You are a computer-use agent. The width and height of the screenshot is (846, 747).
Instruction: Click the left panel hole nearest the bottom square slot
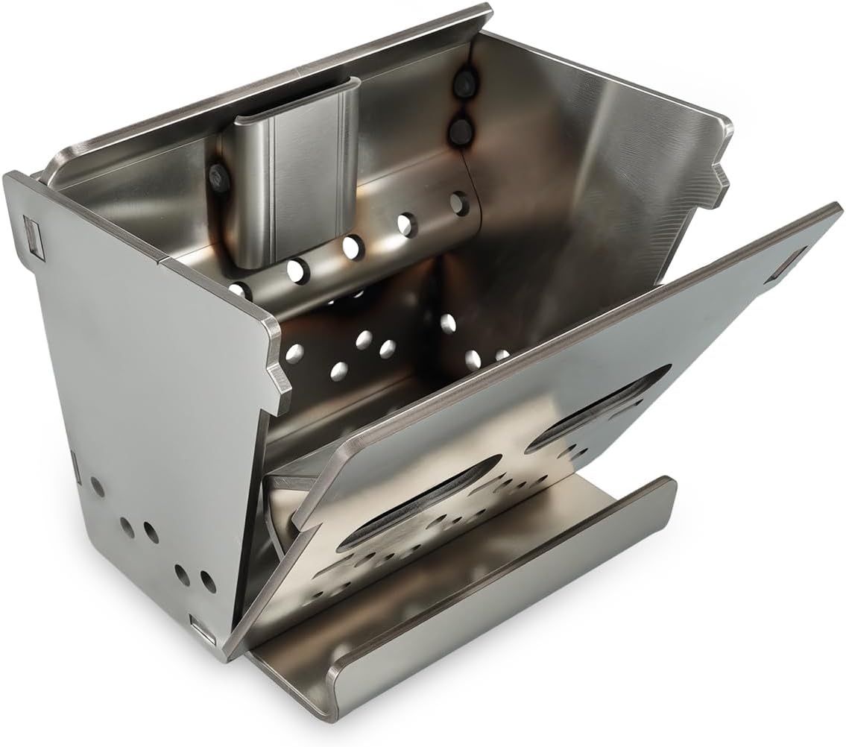(x=206, y=581)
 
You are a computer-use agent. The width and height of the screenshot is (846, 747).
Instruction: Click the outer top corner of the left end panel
(x=10, y=175)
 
